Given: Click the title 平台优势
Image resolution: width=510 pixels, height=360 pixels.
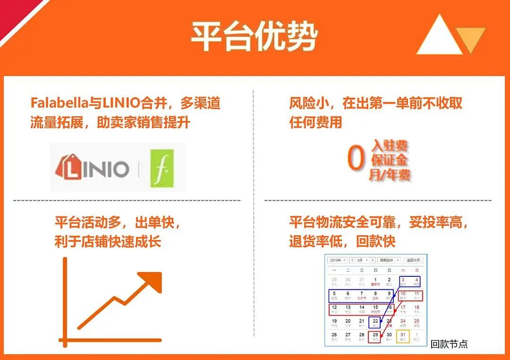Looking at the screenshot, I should click(x=254, y=36).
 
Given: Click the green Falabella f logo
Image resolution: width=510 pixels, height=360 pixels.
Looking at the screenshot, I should click(x=162, y=168).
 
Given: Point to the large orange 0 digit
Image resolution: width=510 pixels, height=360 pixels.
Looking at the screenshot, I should click(x=357, y=159).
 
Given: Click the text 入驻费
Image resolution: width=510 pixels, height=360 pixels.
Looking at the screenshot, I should click(x=390, y=145).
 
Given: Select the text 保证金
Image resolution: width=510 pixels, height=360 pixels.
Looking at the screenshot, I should click(x=390, y=160).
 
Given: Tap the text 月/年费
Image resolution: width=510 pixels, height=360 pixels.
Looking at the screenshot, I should click(x=390, y=175).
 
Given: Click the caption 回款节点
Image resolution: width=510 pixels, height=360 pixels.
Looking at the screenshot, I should click(x=449, y=344).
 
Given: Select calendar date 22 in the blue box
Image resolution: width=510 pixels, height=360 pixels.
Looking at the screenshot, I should click(x=375, y=322).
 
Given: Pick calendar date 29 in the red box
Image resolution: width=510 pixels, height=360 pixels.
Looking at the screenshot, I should click(x=375, y=336).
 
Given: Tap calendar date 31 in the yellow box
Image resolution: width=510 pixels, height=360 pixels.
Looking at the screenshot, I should click(x=403, y=336).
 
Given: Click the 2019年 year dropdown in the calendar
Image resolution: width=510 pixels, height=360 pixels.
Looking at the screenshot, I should click(x=337, y=260).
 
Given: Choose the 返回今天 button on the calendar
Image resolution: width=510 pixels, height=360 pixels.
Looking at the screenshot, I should click(x=413, y=260).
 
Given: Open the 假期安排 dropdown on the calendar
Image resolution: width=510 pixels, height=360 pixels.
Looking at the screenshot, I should click(x=389, y=260).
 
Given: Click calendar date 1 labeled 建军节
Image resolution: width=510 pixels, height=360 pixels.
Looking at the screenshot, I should click(x=375, y=282).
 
